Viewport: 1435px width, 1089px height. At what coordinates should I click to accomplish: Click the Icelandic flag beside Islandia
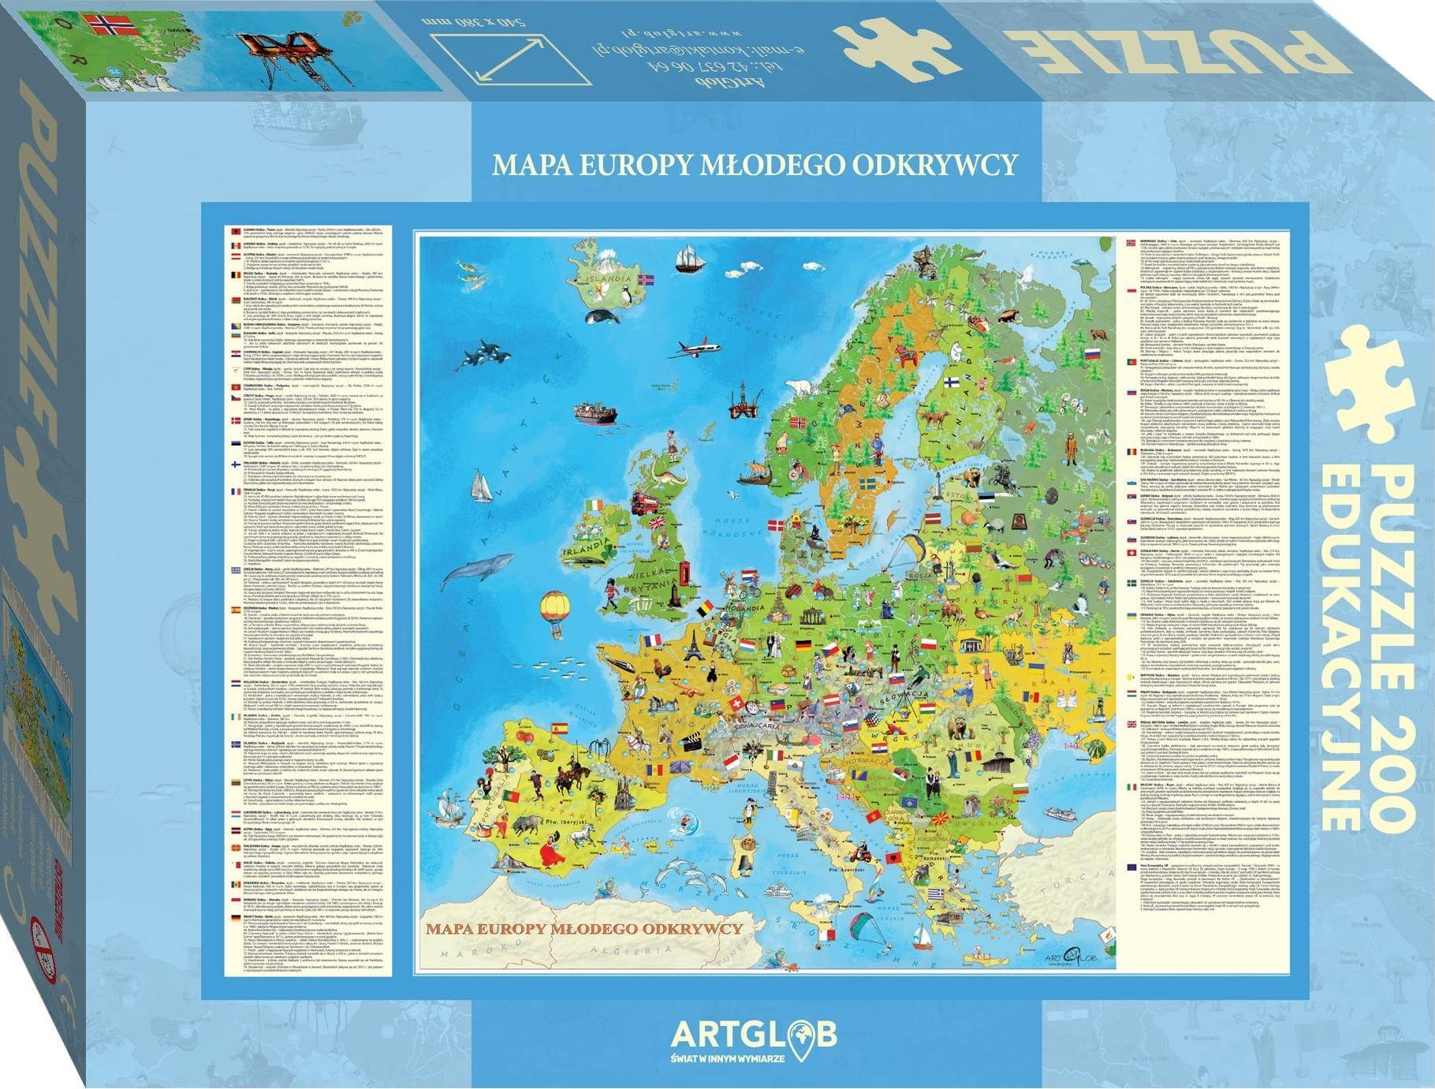[x=647, y=280]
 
